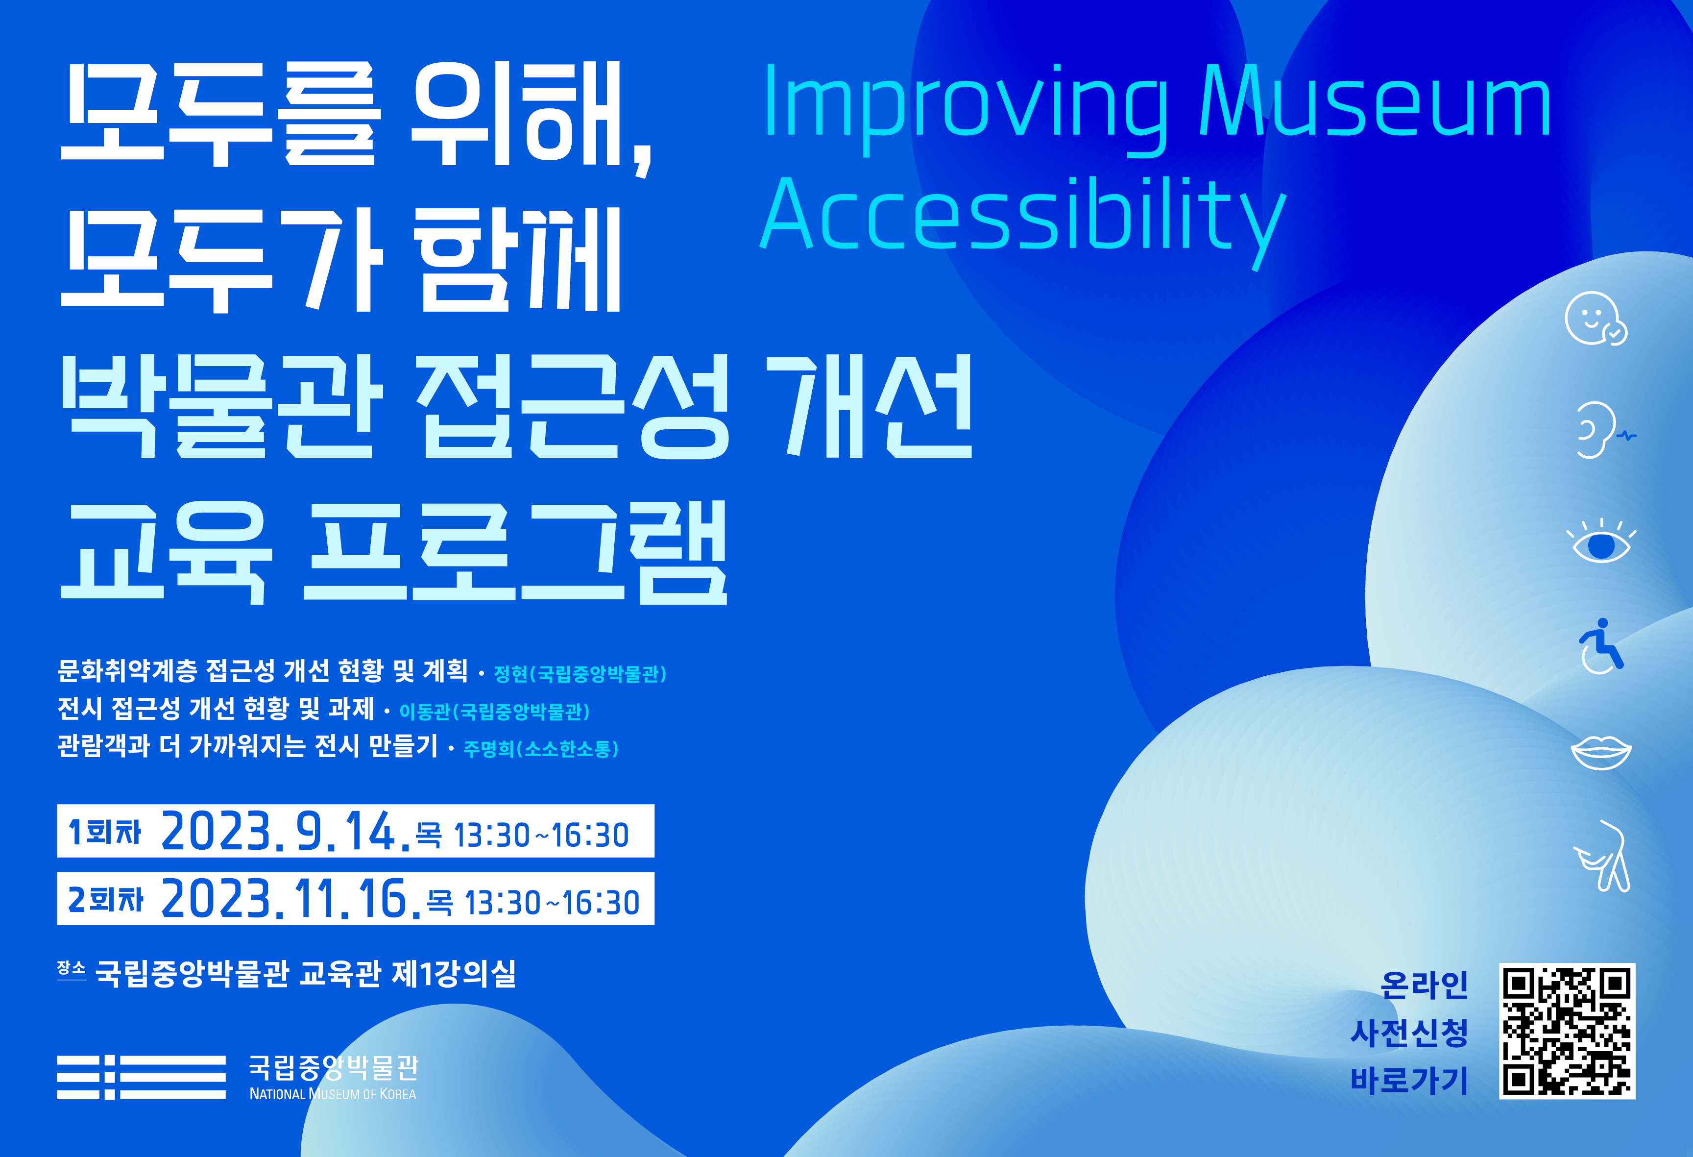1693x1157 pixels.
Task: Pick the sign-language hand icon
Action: click(x=1602, y=856)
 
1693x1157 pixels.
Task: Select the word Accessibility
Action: click(x=1023, y=215)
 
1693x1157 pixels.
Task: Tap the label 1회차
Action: click(x=104, y=831)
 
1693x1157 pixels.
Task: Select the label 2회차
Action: click(x=106, y=899)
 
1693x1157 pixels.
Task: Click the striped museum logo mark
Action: click(x=141, y=1076)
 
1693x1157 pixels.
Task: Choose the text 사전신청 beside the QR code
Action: click(x=1409, y=1033)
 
